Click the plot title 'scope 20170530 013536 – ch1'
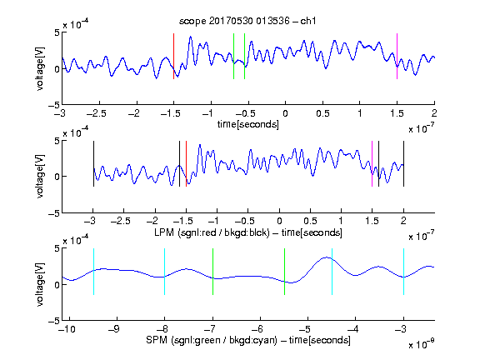[247, 21]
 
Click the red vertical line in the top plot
[173, 57]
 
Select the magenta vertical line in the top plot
[397, 57]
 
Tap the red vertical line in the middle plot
[186, 164]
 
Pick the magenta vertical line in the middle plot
[372, 164]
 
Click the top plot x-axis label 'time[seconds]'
[248, 124]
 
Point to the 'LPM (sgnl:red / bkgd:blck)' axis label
[212, 232]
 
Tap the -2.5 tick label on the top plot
[97, 113]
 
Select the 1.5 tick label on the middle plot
[372, 221]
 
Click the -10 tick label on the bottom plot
[67, 329]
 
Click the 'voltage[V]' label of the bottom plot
[40, 284]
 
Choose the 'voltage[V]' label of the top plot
[40, 68]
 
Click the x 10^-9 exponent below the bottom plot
[421, 344]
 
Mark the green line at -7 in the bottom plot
[212, 272]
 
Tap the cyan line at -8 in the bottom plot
[165, 272]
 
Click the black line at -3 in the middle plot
[93, 164]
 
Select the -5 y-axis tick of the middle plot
[54, 213]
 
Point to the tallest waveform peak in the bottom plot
[327, 257]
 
